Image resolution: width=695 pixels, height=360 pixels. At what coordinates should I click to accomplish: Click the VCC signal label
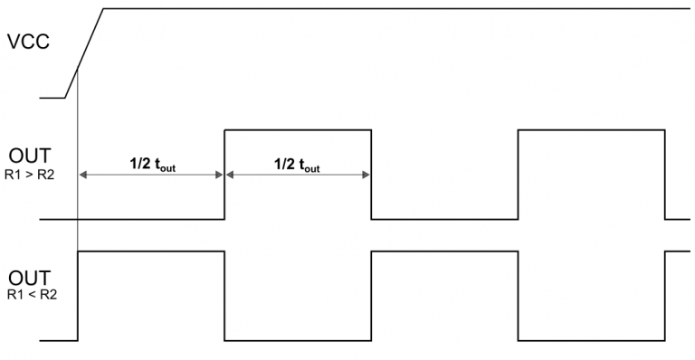pyautogui.click(x=29, y=43)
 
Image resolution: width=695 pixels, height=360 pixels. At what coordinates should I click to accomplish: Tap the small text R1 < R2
pyautogui.click(x=30, y=294)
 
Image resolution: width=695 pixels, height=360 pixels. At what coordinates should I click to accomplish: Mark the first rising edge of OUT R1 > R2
pyautogui.click(x=224, y=175)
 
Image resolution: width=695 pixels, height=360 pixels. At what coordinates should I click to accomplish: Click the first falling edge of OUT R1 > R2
pyautogui.click(x=371, y=175)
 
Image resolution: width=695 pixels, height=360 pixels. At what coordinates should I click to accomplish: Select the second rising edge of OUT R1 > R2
pyautogui.click(x=518, y=175)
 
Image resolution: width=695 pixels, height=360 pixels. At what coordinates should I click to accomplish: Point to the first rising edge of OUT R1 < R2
pyautogui.click(x=79, y=296)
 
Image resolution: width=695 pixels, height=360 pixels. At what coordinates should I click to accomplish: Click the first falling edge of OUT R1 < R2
pyautogui.click(x=224, y=296)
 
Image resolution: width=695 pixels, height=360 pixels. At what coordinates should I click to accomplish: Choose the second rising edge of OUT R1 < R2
pyautogui.click(x=371, y=296)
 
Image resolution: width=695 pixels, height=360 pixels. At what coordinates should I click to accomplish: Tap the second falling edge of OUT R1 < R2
pyautogui.click(x=518, y=296)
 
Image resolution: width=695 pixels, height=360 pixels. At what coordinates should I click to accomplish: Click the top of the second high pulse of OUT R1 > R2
pyautogui.click(x=591, y=130)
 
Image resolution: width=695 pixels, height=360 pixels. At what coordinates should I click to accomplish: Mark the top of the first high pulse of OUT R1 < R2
pyautogui.click(x=151, y=251)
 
